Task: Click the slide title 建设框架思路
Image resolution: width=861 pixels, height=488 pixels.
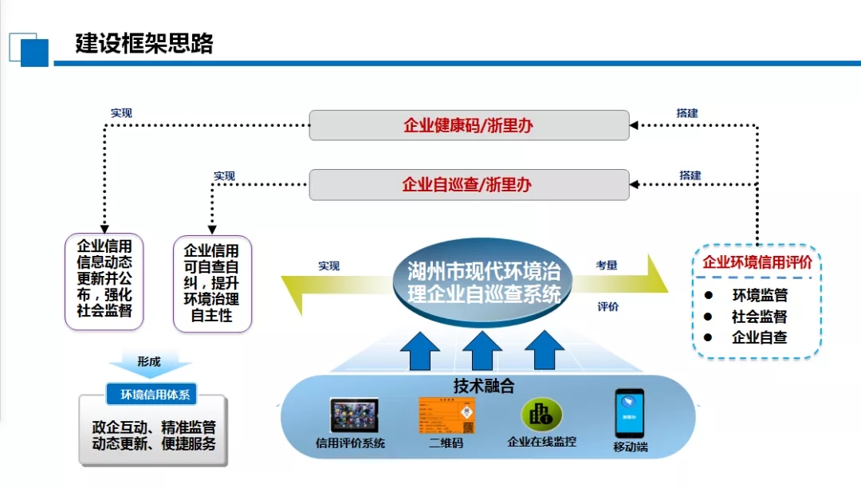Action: tap(144, 43)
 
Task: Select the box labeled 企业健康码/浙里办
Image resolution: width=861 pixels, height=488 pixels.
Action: tap(469, 125)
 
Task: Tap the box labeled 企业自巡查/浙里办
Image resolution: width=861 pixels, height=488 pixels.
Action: tap(469, 185)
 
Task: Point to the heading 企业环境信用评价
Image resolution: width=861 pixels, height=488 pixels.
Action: tap(757, 262)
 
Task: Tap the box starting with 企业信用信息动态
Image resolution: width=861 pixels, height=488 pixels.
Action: tap(104, 281)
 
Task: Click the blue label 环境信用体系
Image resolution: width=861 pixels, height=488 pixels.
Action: tap(151, 394)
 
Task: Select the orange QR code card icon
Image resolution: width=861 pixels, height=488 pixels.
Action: tap(446, 415)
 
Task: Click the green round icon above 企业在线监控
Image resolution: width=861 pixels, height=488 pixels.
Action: tap(541, 415)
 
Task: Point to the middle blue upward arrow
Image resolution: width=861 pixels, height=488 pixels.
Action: tap(482, 352)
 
